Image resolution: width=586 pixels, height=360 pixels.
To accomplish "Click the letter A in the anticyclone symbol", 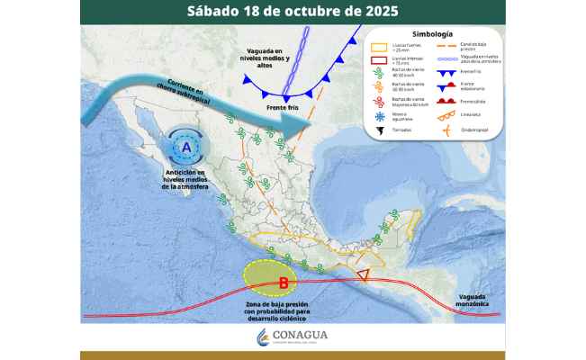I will click(x=186, y=146).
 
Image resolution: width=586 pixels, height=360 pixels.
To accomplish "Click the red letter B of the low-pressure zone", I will click(x=283, y=284).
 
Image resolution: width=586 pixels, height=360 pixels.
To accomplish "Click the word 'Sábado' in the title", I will click(x=216, y=12).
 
